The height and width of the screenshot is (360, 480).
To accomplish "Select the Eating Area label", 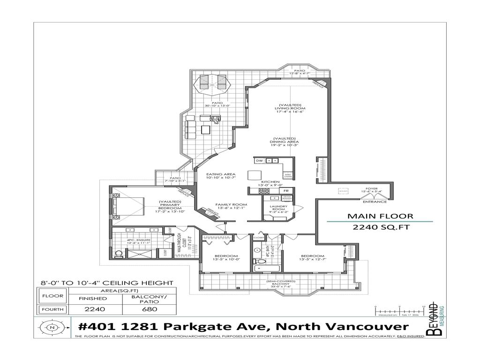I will point(217,176).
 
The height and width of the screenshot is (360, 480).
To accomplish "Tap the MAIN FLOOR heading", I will point(380,216).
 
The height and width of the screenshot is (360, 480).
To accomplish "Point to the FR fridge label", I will point(285,191).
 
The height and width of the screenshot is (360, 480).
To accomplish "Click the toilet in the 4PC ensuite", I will point(119,254).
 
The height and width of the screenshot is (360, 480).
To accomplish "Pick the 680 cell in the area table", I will point(147,309).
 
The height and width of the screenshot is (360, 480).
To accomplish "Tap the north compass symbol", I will point(51,327).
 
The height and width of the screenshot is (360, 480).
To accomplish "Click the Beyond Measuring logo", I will point(435,320).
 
